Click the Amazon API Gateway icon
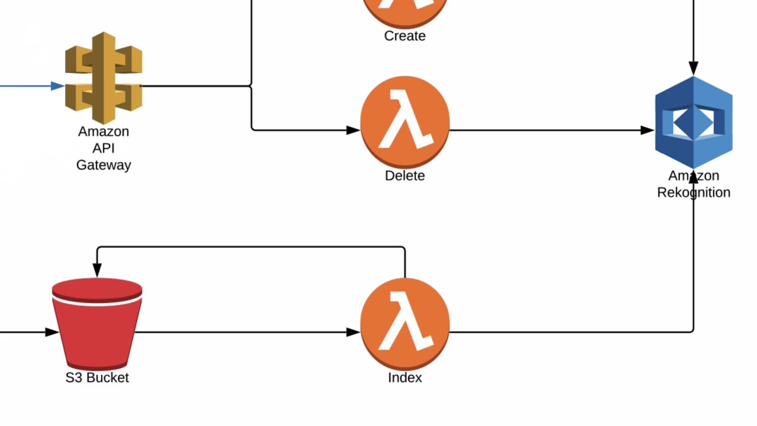103,78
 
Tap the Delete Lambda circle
405,122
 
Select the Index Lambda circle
405,324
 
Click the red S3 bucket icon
97,324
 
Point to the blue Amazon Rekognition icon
694,122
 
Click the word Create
405,36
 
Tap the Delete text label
405,176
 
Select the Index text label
405,377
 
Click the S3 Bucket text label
97,377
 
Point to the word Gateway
103,165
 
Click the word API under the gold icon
103,148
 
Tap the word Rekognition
694,193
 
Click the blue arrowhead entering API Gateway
57,86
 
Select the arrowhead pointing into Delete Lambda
353,130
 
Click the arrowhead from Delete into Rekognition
647,130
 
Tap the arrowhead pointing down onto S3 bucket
97,270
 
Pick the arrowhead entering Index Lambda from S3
353,333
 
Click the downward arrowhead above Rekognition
694,69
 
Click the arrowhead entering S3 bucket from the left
52,333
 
